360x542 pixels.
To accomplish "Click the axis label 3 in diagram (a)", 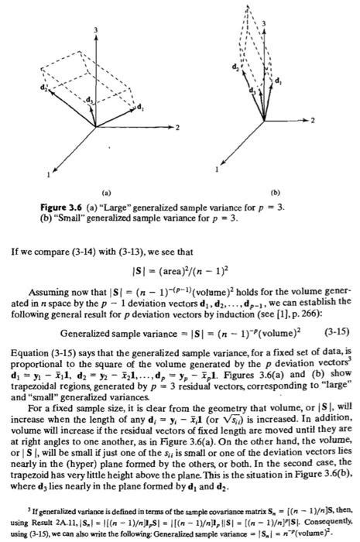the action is [x=95, y=29].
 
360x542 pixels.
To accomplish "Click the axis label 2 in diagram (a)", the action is [x=177, y=126].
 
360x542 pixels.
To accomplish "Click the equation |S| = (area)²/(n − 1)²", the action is [x=180, y=268].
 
